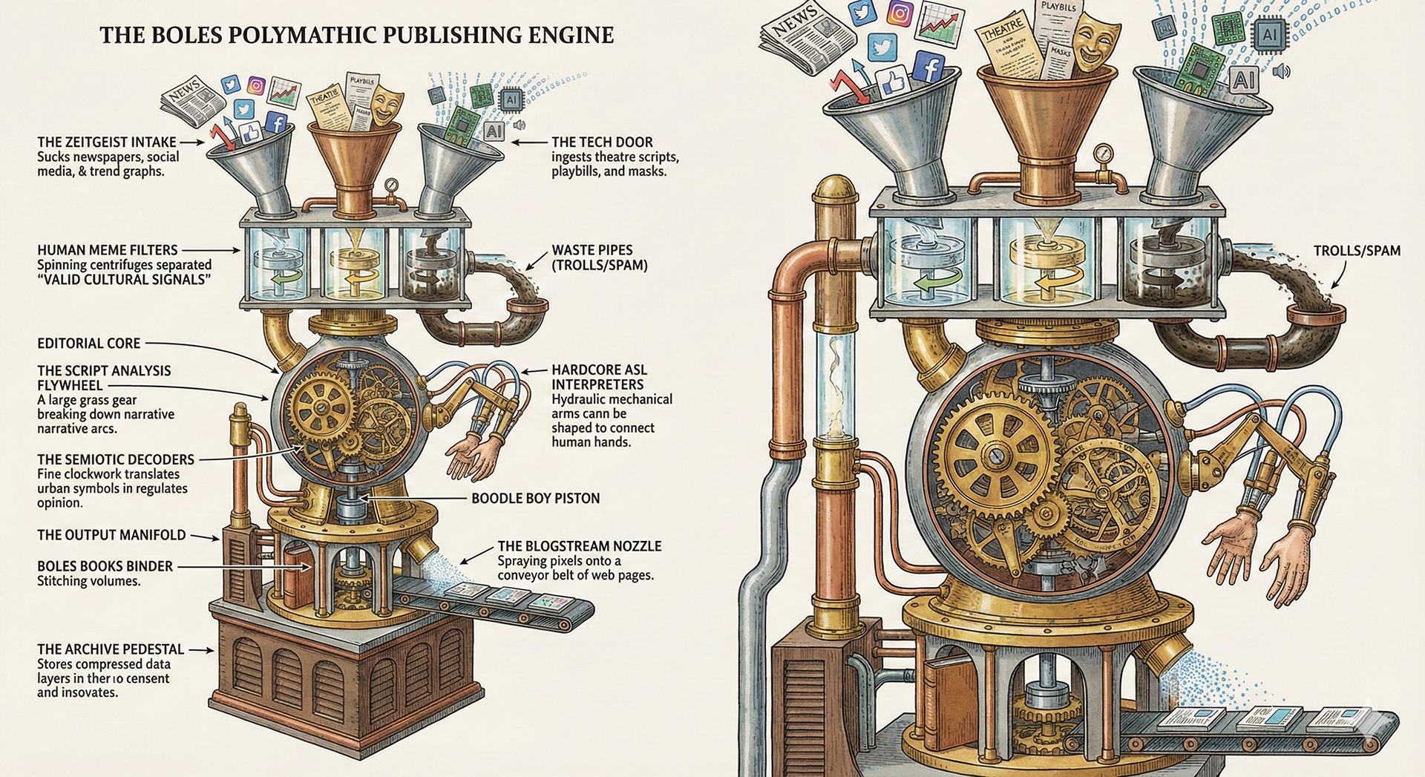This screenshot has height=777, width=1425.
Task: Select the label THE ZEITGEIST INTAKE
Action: coord(107,142)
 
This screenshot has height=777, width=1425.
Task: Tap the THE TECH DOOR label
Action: coord(602,142)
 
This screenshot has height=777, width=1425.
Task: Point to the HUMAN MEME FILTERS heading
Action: coord(107,250)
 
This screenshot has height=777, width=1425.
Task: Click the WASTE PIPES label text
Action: coord(592,250)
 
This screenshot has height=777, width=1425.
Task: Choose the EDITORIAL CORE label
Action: coord(88,343)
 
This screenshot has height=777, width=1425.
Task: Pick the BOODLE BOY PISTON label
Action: coord(535,498)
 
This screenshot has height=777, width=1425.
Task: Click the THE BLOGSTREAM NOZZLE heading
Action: coord(579,545)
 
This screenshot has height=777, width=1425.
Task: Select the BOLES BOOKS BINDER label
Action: coord(105,566)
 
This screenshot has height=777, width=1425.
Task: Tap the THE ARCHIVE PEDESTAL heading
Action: coord(111,649)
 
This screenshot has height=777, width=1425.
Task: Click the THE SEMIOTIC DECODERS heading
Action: coord(115,459)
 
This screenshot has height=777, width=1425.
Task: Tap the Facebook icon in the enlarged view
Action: coord(928,68)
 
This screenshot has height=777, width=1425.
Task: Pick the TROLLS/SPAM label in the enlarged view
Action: coord(1357,251)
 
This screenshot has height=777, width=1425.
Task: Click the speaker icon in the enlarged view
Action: coord(1281,71)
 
